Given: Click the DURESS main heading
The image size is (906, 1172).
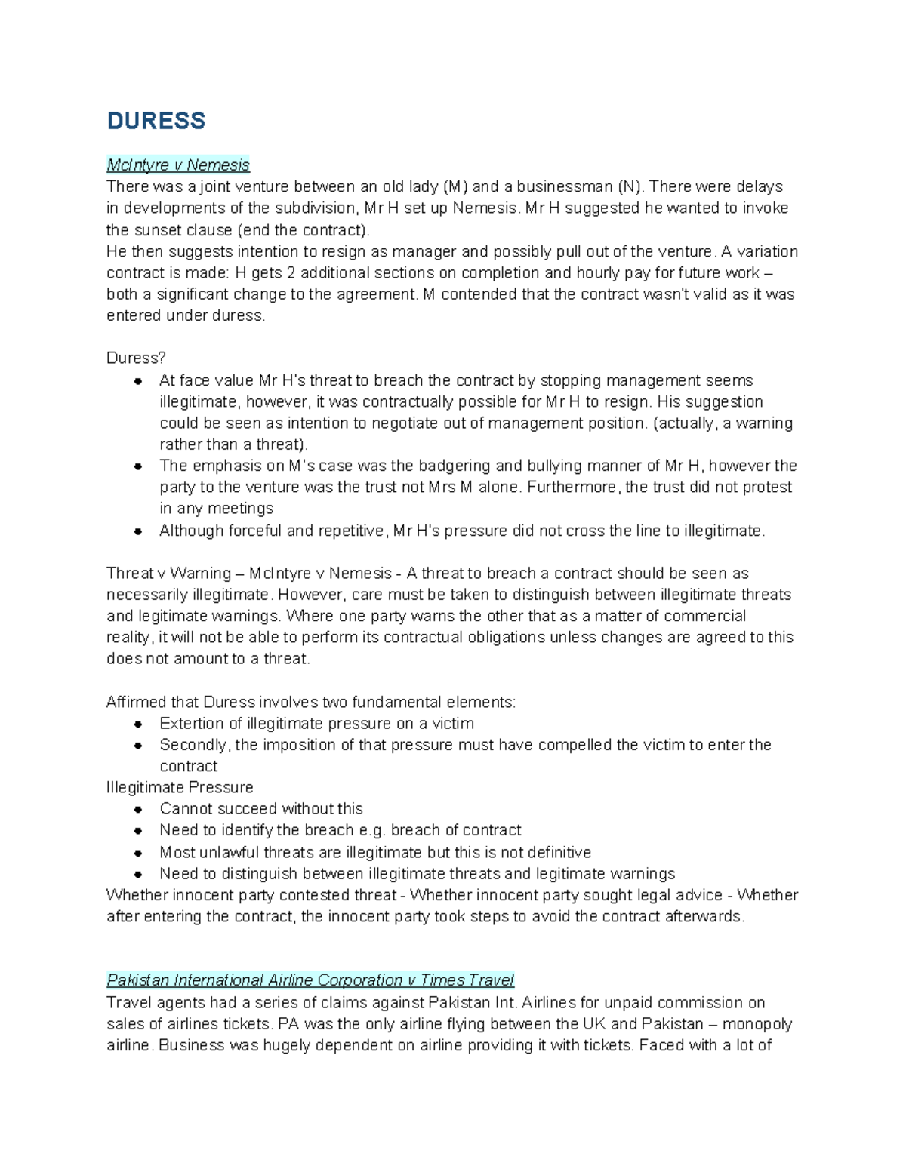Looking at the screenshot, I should coord(156,121).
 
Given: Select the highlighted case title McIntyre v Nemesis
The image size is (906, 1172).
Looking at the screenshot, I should coord(177,165).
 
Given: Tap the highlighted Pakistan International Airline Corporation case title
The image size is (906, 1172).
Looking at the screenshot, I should coord(310,980).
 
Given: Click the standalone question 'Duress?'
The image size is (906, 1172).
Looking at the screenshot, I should coord(136,358).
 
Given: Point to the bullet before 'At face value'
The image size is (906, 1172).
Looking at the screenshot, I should coord(138,381).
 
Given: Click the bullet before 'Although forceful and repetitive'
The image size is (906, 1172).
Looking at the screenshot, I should coord(138,531).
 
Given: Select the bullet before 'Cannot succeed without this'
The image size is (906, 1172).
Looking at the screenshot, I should coord(138,809).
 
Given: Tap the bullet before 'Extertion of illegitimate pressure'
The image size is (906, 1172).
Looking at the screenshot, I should coord(138,724).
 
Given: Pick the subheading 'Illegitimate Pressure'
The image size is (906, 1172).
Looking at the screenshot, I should coord(180,787).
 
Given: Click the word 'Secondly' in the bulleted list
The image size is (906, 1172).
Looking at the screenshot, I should coord(193,745).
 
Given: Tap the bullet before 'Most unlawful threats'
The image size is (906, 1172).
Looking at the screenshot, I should coord(138,853).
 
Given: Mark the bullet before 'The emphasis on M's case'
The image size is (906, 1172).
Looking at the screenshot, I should coord(138,466).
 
